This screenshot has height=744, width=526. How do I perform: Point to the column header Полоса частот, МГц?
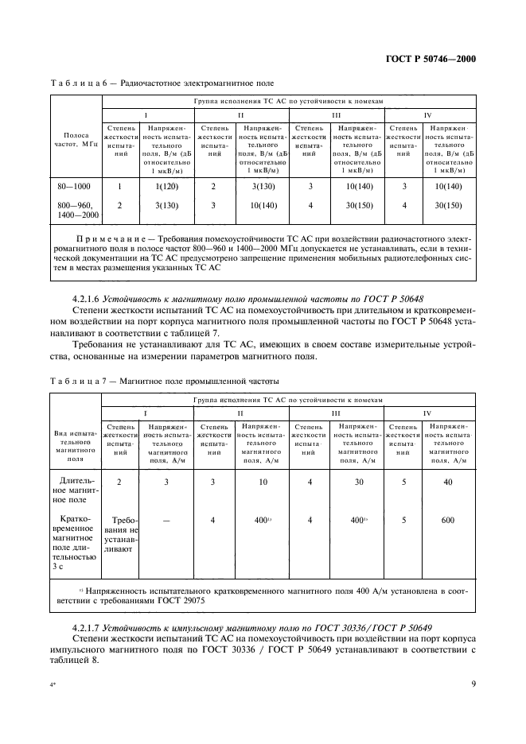76,141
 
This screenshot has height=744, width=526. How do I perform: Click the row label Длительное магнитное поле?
75,490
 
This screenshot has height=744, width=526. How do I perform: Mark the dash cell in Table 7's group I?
166,521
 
